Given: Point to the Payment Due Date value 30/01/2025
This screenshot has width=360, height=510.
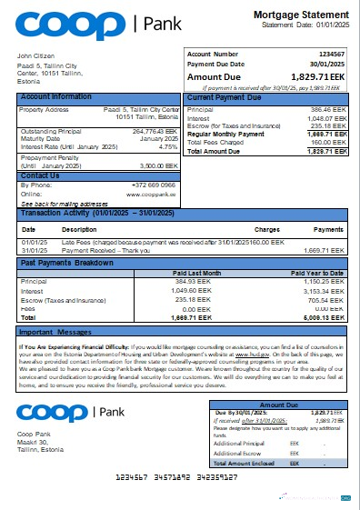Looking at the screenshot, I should pyautogui.click(x=330, y=65).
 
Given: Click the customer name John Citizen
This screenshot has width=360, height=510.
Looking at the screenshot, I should pyautogui.click(x=35, y=56).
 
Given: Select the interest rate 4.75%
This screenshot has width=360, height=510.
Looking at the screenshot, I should pyautogui.click(x=167, y=145).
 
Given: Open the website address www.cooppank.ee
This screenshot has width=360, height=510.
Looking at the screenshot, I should pyautogui.click(x=151, y=194).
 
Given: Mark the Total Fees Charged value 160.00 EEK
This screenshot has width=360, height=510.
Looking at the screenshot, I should pyautogui.click(x=328, y=141).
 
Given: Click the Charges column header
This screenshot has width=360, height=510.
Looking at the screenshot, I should pyautogui.click(x=266, y=229).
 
